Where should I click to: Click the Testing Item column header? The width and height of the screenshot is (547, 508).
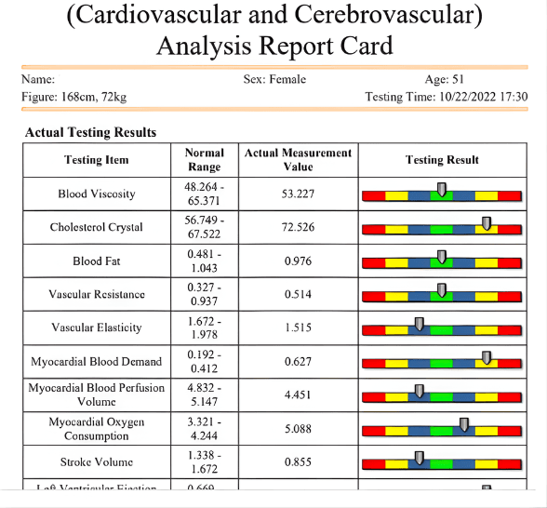pos(97,160)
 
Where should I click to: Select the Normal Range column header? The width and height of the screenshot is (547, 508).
pos(204,160)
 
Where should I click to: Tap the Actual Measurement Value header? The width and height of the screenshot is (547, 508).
pos(298,160)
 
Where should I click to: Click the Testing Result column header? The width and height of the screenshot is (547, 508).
pos(442,160)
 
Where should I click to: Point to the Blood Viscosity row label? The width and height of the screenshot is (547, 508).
pos(97,194)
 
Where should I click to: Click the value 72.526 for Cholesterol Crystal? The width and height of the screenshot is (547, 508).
pos(298,227)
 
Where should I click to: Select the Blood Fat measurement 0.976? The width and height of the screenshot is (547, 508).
pos(298,261)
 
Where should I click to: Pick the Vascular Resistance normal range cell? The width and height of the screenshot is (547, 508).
pos(204,294)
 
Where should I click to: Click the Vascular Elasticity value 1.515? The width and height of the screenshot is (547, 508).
pos(298,328)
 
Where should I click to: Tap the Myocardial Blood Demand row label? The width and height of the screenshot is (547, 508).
pos(97,361)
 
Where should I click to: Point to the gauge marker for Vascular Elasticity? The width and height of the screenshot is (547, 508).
pos(419,324)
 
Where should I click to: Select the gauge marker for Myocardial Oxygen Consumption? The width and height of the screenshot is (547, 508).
pos(464,425)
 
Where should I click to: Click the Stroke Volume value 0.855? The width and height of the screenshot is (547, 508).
pos(298,461)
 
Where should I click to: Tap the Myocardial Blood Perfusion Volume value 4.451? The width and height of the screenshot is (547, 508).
pos(298,394)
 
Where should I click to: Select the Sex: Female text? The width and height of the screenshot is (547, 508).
pos(274,80)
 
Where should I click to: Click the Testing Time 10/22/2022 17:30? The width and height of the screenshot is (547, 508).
pos(447,97)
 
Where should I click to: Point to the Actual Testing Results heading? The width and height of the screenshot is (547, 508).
pos(90,132)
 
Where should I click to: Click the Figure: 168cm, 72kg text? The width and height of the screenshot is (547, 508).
pos(73,97)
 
